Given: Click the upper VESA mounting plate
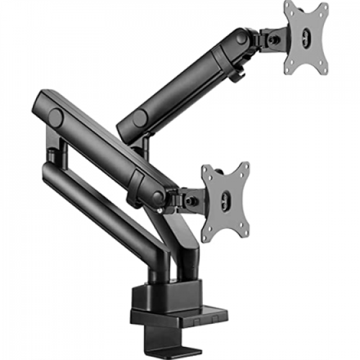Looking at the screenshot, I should point(305,39).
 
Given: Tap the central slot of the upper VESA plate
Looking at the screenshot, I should point(305,40).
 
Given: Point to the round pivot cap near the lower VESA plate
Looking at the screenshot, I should point(158,196).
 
